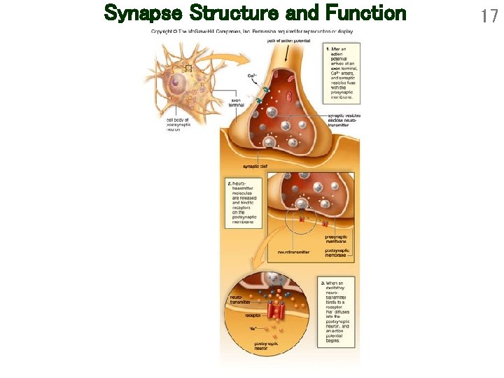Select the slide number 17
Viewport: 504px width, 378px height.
tap(488, 15)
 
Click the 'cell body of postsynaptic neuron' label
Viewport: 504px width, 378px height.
tap(178, 125)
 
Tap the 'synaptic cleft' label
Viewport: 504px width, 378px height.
tap(255, 166)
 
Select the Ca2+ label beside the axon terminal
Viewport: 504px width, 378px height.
tap(251, 76)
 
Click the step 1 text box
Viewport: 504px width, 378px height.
tap(342, 73)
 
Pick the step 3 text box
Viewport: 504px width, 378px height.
tap(340, 311)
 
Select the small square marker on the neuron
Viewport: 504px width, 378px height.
tap(188, 68)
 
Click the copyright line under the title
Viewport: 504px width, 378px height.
tap(252, 31)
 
